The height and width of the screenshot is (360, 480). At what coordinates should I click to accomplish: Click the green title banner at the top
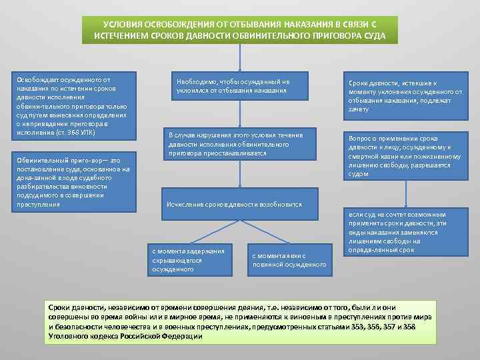239,29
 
